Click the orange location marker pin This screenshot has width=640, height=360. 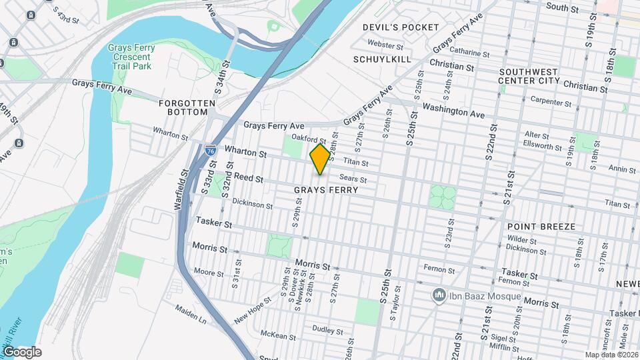(320, 159)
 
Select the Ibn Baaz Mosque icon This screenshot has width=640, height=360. (439, 294)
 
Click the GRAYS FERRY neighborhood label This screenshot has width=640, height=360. (326, 190)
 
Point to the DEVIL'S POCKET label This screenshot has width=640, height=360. (401, 27)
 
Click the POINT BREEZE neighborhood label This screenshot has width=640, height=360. (541, 227)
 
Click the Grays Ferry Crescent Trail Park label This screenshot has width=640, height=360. (131, 57)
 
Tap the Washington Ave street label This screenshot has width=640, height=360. (453, 111)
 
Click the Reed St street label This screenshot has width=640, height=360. (250, 179)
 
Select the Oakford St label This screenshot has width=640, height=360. (312, 140)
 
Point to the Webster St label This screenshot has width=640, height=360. (386, 46)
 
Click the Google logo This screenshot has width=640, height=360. (22, 352)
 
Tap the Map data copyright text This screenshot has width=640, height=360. (611, 355)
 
